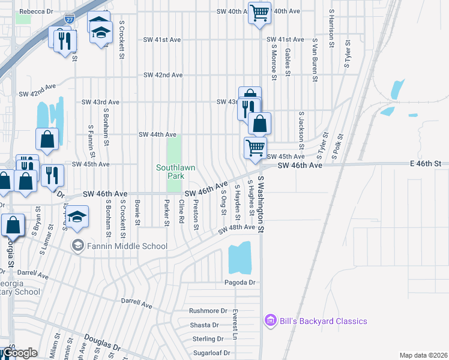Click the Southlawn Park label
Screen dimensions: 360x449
coord(175,172)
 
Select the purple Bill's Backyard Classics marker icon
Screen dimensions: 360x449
coord(270,321)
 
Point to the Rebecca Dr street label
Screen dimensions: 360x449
coord(36,11)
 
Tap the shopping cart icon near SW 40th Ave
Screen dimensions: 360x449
coord(259,12)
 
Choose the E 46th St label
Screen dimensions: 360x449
coord(426,163)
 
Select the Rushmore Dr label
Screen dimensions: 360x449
coord(208,311)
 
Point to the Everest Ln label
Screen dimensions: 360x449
coord(236,324)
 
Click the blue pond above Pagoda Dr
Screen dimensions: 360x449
coord(240,259)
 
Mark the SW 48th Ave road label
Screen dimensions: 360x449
coord(237,229)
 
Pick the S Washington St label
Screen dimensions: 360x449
coord(261,204)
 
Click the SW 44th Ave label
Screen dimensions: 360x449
coord(157,135)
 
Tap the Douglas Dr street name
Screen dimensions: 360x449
coord(102,343)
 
